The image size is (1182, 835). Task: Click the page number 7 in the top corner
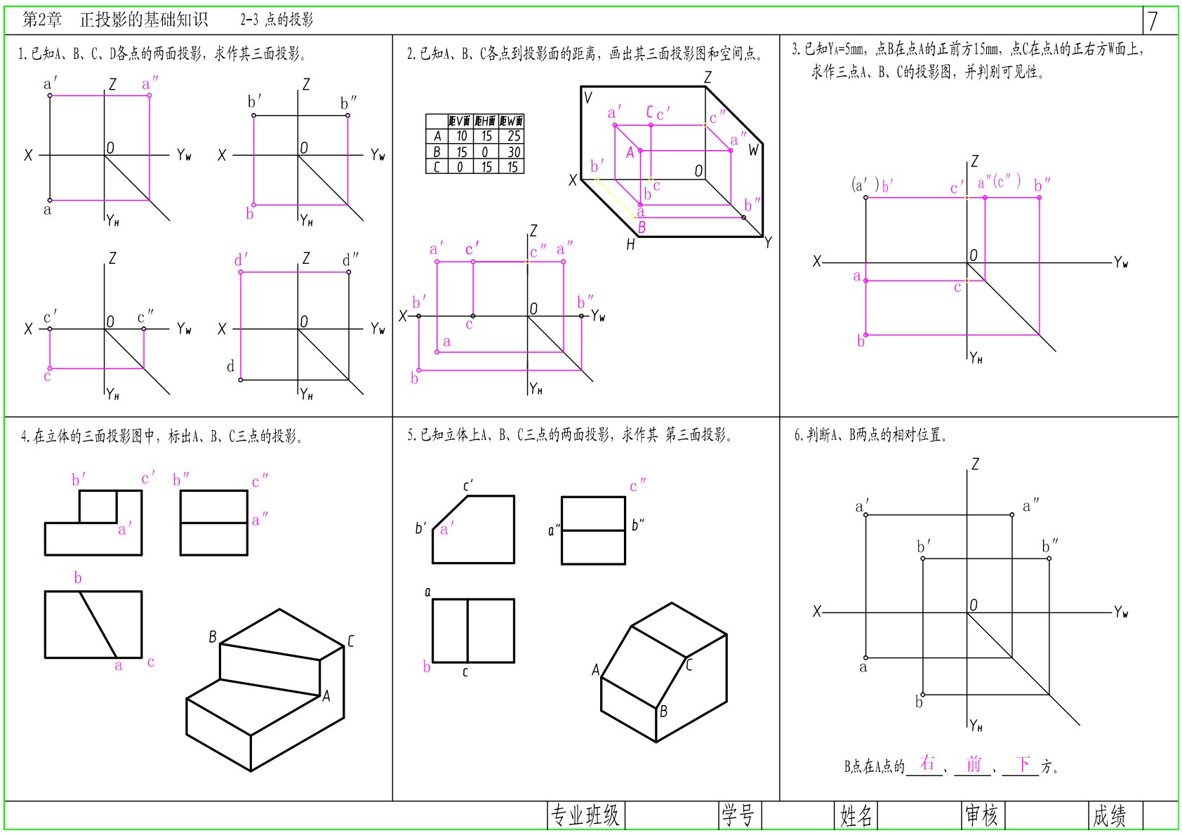[1153, 20]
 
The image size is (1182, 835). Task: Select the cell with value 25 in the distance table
[513, 136]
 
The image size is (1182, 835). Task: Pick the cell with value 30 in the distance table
[513, 152]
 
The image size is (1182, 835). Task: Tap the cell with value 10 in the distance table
[461, 136]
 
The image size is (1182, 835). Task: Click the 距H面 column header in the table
[486, 121]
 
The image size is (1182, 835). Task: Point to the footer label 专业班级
[585, 815]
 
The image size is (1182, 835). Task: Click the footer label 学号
[738, 815]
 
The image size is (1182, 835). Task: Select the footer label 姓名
[856, 815]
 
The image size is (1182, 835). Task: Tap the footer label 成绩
[1109, 815]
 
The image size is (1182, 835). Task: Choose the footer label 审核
[982, 815]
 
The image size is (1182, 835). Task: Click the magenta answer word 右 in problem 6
[927, 763]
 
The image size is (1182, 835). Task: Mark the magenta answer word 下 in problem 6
[1023, 763]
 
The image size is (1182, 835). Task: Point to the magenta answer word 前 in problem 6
[974, 763]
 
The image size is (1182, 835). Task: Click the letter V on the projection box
[588, 98]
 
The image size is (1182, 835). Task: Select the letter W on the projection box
[754, 150]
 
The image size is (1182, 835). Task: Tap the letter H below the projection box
[630, 244]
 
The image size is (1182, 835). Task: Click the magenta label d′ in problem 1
[241, 260]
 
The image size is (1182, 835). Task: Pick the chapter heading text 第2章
[42, 20]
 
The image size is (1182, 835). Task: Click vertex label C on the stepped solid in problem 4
[351, 641]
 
